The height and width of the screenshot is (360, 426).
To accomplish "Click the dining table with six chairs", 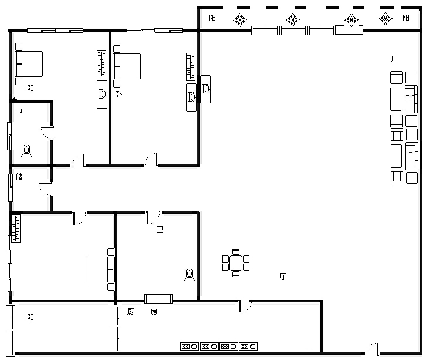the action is (x=236, y=263).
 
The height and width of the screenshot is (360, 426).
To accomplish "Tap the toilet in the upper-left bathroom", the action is (x=26, y=150).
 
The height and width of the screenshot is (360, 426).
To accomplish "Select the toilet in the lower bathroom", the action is (x=190, y=274).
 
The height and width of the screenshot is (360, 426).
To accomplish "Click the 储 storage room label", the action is (x=19, y=176).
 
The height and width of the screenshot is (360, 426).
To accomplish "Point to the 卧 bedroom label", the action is (x=119, y=95).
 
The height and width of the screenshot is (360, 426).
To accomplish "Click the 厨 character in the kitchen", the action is (x=130, y=311).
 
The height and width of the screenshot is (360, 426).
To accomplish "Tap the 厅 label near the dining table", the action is (x=283, y=276).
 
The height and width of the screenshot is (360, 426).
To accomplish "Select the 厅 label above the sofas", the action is (x=394, y=59).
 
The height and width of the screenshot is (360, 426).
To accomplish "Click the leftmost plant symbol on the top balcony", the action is (x=240, y=20).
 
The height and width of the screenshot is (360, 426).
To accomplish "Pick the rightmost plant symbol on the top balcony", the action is (x=386, y=19).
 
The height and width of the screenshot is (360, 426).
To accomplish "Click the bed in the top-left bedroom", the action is (x=29, y=64).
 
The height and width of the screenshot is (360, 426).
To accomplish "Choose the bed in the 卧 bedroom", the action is (x=127, y=66).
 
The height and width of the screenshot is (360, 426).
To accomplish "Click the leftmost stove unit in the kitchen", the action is (x=190, y=346).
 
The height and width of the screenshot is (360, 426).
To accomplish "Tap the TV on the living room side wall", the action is (x=205, y=89).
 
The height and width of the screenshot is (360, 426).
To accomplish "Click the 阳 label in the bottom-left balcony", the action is (x=31, y=317).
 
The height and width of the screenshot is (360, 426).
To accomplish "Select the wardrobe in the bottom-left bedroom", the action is (x=16, y=228).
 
